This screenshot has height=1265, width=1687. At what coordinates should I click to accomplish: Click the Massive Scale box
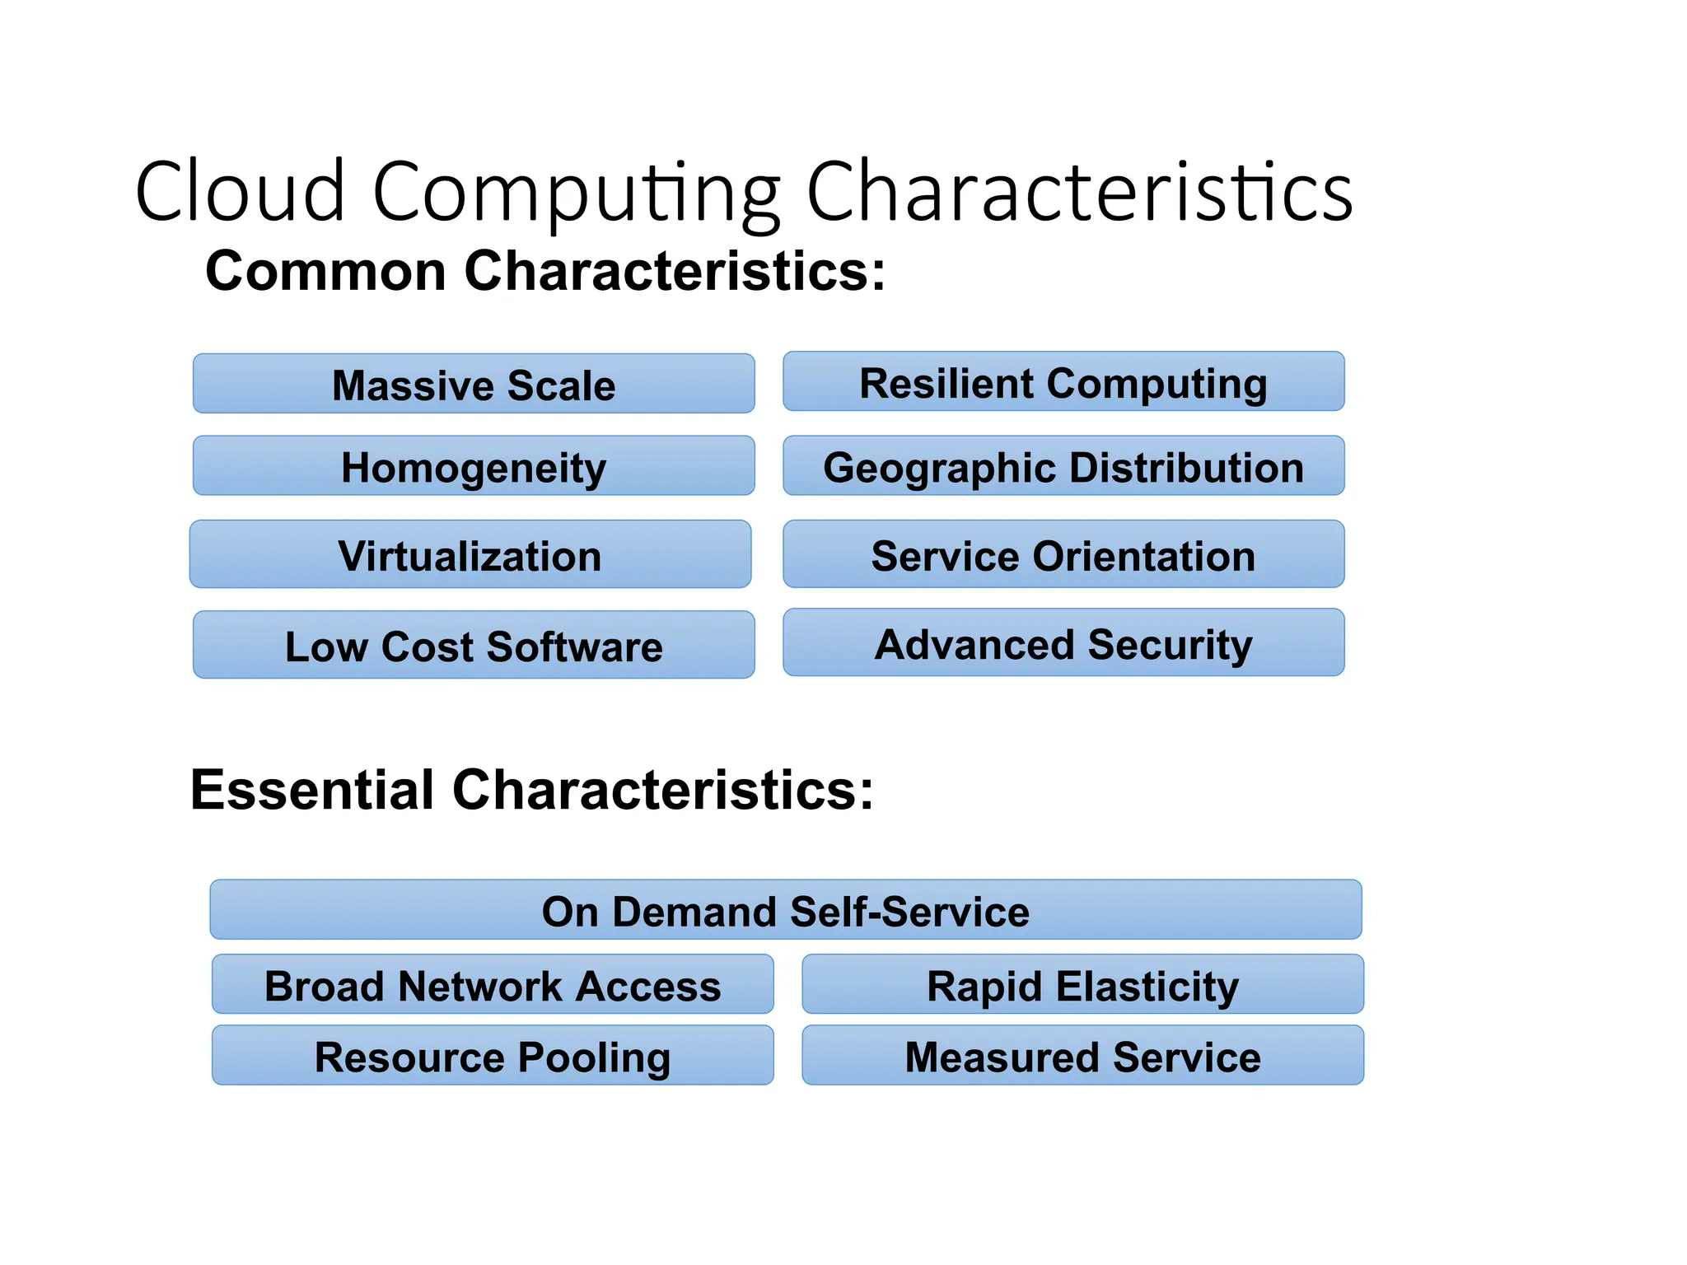[x=474, y=384]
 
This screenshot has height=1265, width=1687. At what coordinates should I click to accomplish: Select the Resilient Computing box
[x=1063, y=382]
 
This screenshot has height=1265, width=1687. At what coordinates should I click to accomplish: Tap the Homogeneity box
[x=474, y=466]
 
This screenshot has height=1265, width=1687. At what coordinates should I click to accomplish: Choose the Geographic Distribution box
[x=1063, y=466]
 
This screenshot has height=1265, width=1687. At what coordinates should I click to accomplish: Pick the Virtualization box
[x=470, y=554]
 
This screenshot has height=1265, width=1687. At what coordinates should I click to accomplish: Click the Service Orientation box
[x=1063, y=554]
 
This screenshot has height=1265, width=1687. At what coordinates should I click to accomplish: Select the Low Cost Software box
[x=474, y=645]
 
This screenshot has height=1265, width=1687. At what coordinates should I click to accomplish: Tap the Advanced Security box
[x=1063, y=642]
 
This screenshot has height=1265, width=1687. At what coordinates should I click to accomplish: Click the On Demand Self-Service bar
[x=785, y=910]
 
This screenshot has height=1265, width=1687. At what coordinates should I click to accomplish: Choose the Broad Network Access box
[x=493, y=985]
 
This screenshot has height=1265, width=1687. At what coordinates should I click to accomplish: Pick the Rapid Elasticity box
[x=1082, y=985]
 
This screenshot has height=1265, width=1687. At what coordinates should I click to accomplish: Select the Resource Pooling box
[x=493, y=1056]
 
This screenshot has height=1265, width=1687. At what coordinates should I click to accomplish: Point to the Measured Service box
[x=1082, y=1056]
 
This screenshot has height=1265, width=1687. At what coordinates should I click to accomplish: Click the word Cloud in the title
[x=240, y=191]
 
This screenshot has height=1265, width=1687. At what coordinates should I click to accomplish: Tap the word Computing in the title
[x=577, y=193]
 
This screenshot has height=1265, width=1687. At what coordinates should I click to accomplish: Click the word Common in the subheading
[x=325, y=271]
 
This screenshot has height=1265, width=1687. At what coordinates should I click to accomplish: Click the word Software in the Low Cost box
[x=574, y=646]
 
